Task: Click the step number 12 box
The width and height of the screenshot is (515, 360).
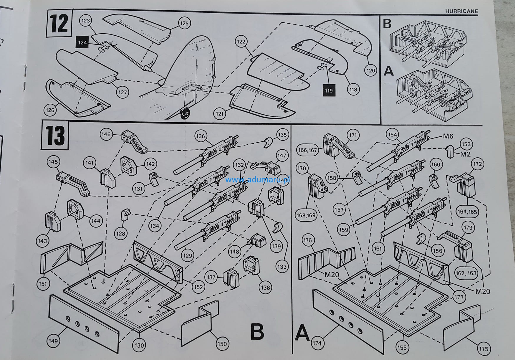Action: (x=59, y=24)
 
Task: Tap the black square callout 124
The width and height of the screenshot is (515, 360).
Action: (x=82, y=43)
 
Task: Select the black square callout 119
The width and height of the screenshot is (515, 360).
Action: (x=329, y=90)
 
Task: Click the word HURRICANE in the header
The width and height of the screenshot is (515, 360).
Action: (x=461, y=11)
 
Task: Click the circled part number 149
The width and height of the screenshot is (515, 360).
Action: (x=53, y=341)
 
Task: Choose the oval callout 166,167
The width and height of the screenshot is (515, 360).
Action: (x=308, y=150)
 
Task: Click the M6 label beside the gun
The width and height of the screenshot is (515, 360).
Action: (x=448, y=136)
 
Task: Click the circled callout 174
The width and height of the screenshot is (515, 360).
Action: (x=317, y=343)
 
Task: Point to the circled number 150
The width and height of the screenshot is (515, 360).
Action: (x=222, y=344)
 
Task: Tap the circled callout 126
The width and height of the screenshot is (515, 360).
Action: (x=50, y=110)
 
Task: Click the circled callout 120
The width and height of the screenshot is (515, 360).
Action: (x=371, y=70)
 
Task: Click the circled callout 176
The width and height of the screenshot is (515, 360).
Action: (x=307, y=240)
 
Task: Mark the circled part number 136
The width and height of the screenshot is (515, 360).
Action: (x=201, y=136)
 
